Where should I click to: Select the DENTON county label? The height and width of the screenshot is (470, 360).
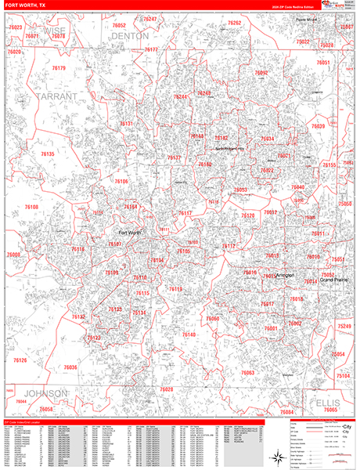coord(129,36)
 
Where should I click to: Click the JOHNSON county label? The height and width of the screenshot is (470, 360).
coord(46,392)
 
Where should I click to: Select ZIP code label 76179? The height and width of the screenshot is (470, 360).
coord(58,68)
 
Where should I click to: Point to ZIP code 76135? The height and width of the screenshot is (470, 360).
coord(47,154)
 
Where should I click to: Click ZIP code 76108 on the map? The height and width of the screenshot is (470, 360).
coord(31,208)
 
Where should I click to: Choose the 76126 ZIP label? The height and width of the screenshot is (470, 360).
coord(20,360)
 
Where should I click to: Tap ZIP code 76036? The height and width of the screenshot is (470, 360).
coord(70,367)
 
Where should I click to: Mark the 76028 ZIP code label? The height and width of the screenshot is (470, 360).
coord(166,389)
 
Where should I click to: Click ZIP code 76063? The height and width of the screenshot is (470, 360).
coord(248,373)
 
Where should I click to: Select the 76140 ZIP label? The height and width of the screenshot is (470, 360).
coord(189,334)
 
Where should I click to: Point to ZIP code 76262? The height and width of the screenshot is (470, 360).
coord(235,23)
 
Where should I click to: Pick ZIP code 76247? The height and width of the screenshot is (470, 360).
coord(149,19)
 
